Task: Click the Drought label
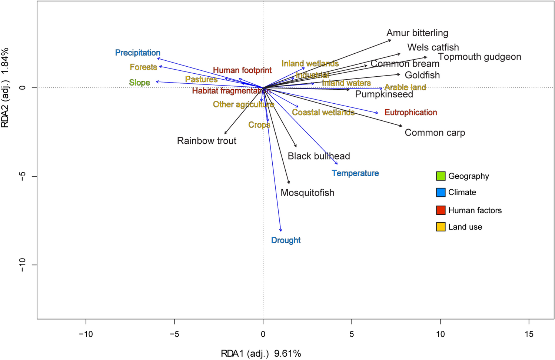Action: coord(286,240)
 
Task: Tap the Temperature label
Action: coord(355,173)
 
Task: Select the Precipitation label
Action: coord(137,53)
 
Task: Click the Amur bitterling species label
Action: coord(417,33)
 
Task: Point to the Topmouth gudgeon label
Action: coord(479,57)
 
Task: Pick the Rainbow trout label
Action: coord(206,141)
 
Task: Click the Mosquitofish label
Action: coord(307,193)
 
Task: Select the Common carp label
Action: coord(435,133)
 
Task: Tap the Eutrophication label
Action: coord(411,112)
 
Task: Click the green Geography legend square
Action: coord(441,176)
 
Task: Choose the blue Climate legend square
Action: coord(441,193)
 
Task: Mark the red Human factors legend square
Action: coord(441,210)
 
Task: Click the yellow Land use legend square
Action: coord(441,227)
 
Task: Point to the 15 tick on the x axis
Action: coord(529,334)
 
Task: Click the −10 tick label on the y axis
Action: coord(22,265)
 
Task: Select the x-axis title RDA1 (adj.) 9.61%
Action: coord(261,353)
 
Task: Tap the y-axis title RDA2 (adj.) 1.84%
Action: coord(5,88)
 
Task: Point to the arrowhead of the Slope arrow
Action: coord(157,82)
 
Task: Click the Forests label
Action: coord(143,67)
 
